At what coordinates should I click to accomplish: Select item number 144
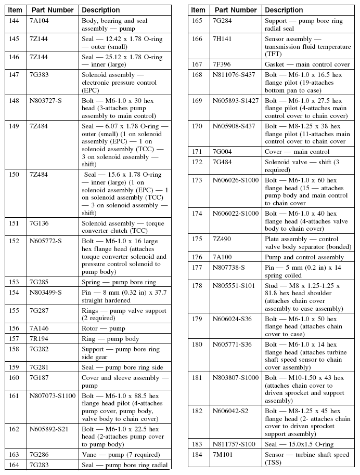tap(15, 20)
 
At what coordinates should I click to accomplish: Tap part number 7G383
tap(40, 74)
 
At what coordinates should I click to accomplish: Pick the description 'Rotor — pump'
tap(104, 328)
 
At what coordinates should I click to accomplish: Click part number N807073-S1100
tap(53, 395)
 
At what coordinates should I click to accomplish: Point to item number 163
tap(15, 454)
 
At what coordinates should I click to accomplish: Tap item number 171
tap(197, 152)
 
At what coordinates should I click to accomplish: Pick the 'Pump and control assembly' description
tap(304, 257)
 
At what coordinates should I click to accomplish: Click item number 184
tap(197, 455)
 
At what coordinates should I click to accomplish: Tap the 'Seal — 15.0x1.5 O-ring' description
tap(299, 444)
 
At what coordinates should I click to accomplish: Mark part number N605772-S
tap(46, 241)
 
